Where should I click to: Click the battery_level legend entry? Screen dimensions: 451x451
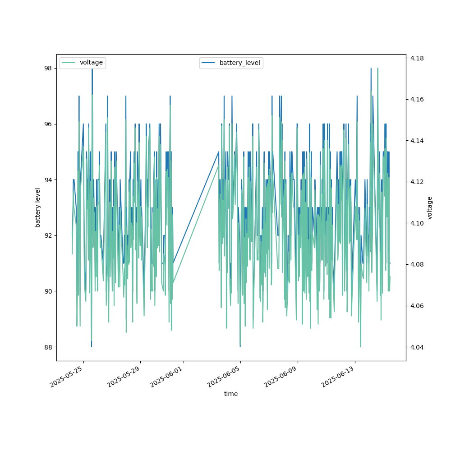pos(239,63)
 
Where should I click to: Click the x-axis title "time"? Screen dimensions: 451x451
pos(231,394)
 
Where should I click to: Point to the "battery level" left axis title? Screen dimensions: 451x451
pos(38,207)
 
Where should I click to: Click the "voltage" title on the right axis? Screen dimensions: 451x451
pos(430,207)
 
